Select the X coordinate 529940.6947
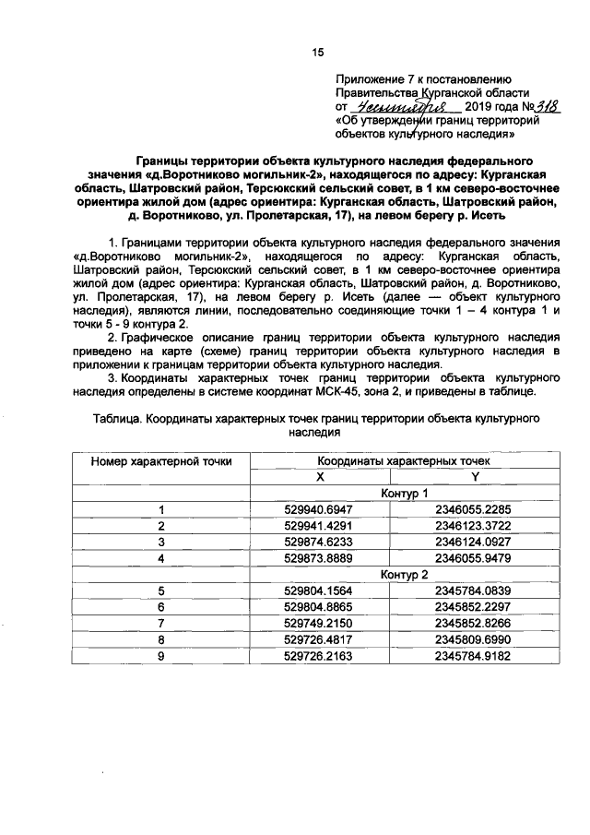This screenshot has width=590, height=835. tap(320, 509)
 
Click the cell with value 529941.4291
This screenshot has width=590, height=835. tap(320, 526)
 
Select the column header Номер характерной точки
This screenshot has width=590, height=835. tap(161, 460)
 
